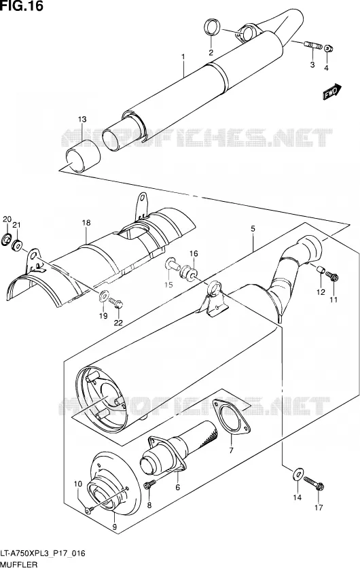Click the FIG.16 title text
[x=22, y=6]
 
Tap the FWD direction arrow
[x=331, y=92]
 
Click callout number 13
[x=82, y=119]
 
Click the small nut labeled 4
[x=328, y=48]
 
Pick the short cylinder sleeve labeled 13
[x=82, y=156]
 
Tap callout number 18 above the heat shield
[x=86, y=223]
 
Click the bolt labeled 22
[x=116, y=303]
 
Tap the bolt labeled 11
[x=332, y=277]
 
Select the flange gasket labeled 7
[x=232, y=416]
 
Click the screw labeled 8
[x=149, y=484]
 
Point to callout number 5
[x=253, y=228]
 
